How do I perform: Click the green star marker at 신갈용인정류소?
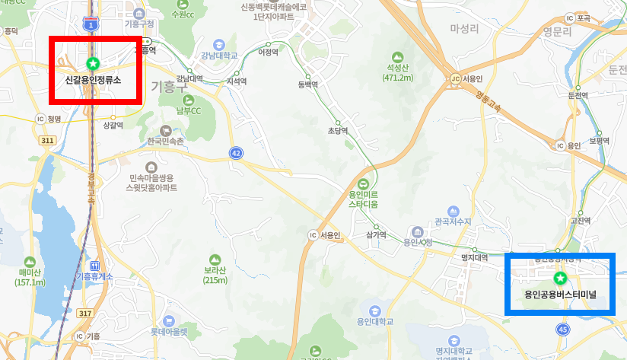click(x=93, y=62)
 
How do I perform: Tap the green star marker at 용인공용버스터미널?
click(x=560, y=278)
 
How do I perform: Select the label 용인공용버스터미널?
click(x=560, y=294)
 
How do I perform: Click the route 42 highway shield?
click(x=237, y=153)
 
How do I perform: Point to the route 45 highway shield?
click(x=562, y=329)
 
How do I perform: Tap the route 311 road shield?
click(x=48, y=141)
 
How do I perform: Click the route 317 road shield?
click(x=84, y=313)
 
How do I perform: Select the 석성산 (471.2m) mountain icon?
click(x=397, y=57)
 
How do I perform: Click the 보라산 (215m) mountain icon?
click(x=215, y=260)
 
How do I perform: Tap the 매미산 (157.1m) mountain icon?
click(x=30, y=262)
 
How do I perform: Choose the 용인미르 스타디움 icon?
click(x=363, y=183)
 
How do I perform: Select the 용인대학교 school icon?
click(x=374, y=311)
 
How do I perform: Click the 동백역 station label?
click(x=307, y=85)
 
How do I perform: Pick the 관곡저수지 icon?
click(x=454, y=211)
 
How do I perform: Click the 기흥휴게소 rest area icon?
click(x=94, y=265)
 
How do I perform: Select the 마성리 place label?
click(x=464, y=29)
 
